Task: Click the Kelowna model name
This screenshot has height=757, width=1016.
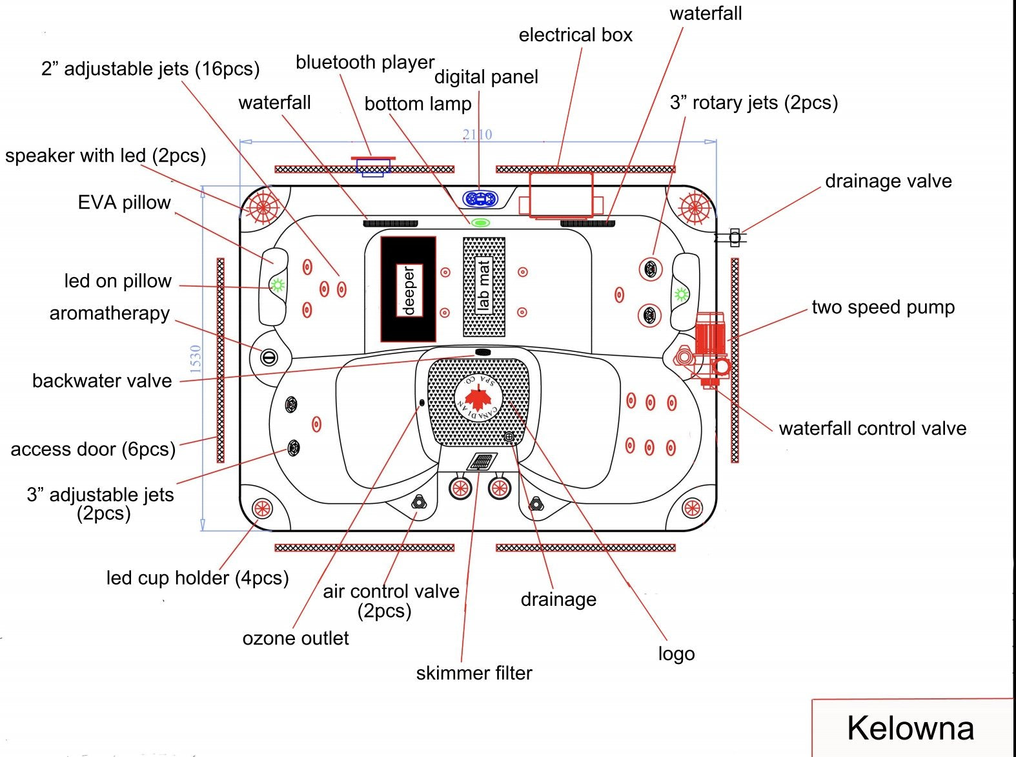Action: click(x=910, y=728)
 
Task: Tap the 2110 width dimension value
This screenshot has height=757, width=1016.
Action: click(x=477, y=134)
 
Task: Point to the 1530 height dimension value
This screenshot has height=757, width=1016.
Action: click(x=196, y=359)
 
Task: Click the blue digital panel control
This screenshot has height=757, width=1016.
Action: click(x=480, y=199)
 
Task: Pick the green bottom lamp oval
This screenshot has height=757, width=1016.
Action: click(x=480, y=223)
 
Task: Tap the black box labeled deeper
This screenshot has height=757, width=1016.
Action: click(x=408, y=289)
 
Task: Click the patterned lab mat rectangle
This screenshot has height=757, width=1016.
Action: click(x=484, y=287)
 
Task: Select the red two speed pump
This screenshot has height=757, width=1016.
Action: click(x=709, y=336)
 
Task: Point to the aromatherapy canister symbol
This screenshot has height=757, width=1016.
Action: click(x=269, y=357)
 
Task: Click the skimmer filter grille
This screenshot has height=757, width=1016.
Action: click(x=482, y=462)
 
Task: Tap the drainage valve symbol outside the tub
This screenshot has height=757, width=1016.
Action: click(x=734, y=238)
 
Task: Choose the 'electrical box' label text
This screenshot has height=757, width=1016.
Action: click(x=575, y=35)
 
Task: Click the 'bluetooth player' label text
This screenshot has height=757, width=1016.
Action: click(x=365, y=63)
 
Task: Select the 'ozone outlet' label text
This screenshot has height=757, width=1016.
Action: click(x=295, y=638)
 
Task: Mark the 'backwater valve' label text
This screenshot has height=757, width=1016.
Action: click(x=102, y=380)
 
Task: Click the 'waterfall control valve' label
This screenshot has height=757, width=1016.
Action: click(x=872, y=428)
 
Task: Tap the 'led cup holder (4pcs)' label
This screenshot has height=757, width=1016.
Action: click(x=197, y=577)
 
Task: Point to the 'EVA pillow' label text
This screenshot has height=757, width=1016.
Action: click(x=124, y=203)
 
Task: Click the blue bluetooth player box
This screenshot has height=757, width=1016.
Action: click(x=373, y=166)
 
